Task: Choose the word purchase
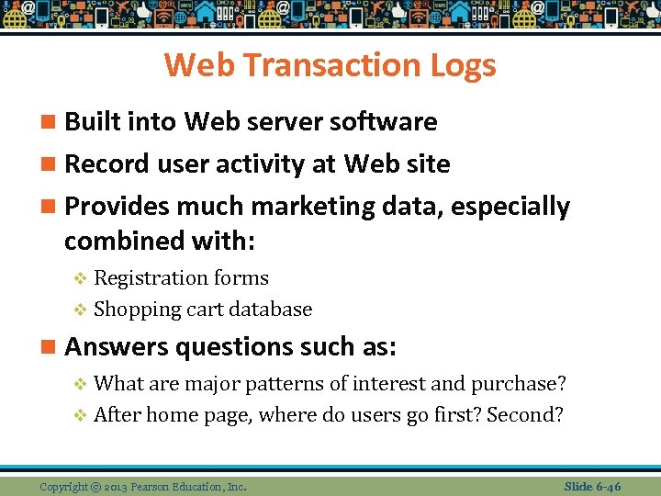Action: tap(524, 383)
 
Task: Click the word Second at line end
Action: tap(525, 414)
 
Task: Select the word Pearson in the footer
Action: tap(157, 486)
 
